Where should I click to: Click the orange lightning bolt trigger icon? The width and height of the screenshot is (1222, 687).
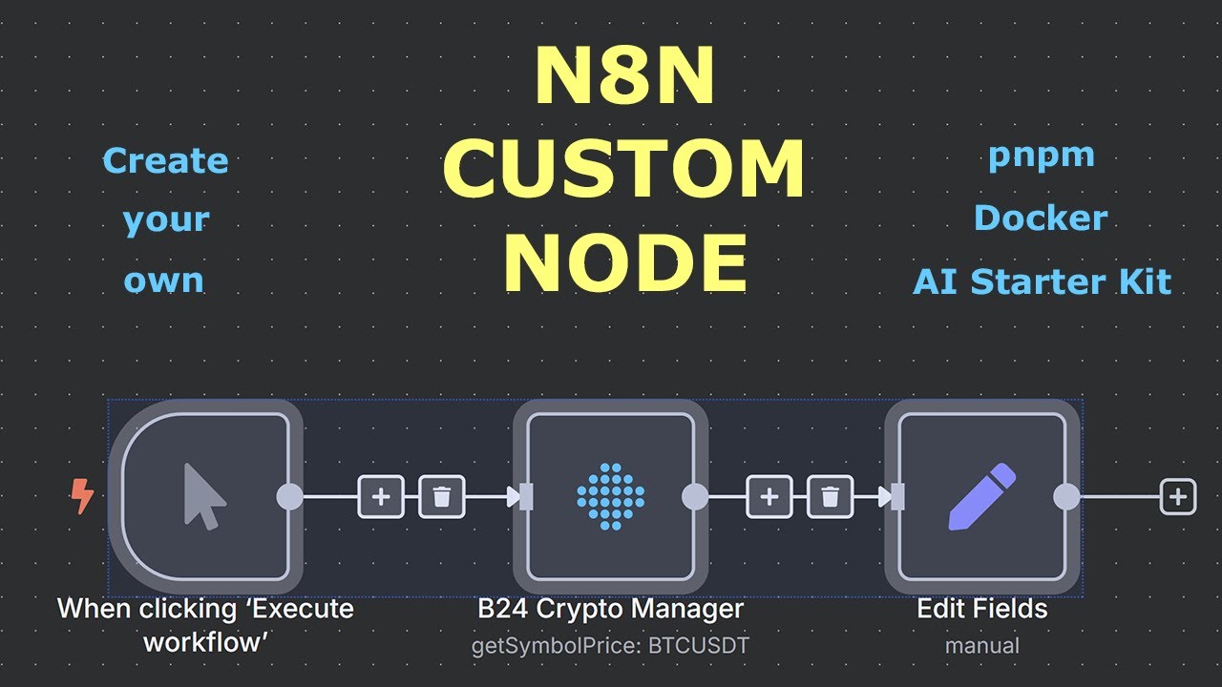(83, 496)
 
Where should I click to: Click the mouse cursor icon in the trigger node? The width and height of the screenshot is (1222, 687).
(204, 496)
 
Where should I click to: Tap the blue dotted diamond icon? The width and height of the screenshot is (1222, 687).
(611, 496)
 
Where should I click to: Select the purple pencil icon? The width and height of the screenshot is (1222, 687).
(981, 496)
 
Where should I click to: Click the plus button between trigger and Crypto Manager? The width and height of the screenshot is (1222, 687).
(381, 496)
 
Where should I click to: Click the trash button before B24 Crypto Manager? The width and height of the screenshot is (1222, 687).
(442, 496)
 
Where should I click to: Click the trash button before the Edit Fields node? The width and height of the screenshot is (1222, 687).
(831, 496)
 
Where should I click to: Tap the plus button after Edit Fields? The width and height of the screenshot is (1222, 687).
(1178, 496)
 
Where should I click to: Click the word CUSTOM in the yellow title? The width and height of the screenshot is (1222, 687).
(622, 169)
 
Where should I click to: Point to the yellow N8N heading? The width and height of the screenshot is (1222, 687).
(624, 76)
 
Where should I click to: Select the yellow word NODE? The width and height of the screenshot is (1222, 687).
(625, 263)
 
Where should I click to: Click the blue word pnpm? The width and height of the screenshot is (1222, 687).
(1041, 156)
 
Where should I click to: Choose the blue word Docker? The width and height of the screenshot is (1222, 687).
(1041, 219)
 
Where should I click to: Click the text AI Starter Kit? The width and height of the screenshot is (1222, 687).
(1042, 281)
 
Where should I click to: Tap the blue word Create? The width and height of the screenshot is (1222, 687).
(165, 160)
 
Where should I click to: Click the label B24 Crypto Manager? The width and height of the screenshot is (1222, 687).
(610, 608)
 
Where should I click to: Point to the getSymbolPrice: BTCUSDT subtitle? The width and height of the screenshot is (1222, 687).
(610, 646)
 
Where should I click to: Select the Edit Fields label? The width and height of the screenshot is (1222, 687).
(981, 608)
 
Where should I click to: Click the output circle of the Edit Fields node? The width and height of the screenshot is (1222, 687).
(1066, 496)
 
